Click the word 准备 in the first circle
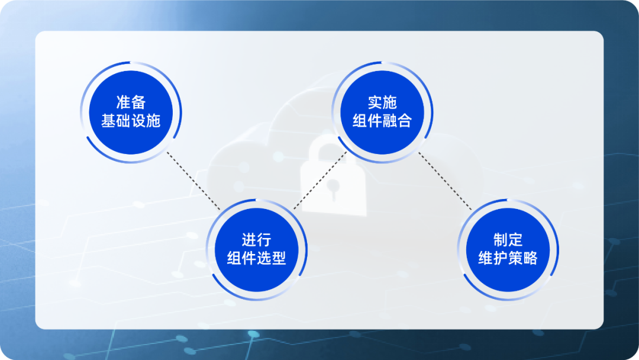tap(131, 102)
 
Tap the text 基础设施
tap(131, 121)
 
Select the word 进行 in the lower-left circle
tap(256, 240)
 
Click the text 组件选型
tap(256, 258)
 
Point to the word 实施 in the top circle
tap(382, 102)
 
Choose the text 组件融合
tap(382, 121)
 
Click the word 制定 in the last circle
tap(508, 240)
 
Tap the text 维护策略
tap(508, 258)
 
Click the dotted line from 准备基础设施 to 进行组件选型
tap(193, 181)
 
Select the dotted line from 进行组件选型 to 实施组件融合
tap(320, 181)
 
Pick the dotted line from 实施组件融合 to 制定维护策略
tap(445, 181)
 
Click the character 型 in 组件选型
tap(279, 258)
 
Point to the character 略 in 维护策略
tap(530, 258)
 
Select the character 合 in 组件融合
tap(405, 121)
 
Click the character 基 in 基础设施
tap(108, 121)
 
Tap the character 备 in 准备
tap(138, 102)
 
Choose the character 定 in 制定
tap(515, 240)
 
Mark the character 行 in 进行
tap(264, 240)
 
